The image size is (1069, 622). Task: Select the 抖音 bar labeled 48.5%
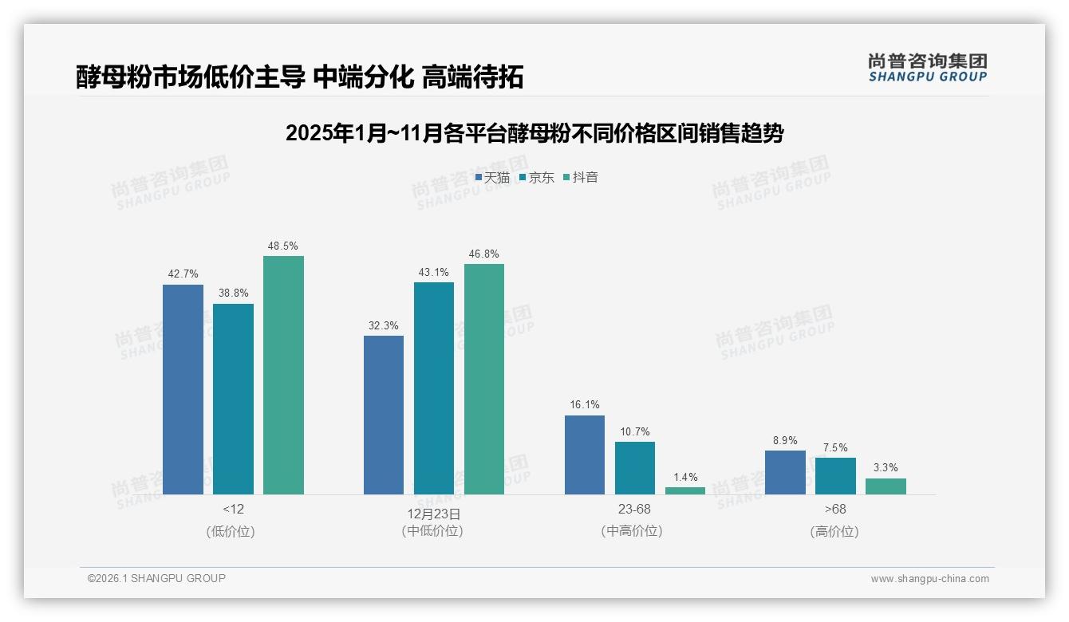click(283, 375)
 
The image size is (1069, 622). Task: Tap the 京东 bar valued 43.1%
click(433, 388)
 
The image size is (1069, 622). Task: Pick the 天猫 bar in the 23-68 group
click(584, 455)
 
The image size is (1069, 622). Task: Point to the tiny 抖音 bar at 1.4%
click(685, 490)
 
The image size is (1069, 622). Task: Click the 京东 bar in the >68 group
click(835, 476)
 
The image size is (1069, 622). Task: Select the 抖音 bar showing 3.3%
click(886, 486)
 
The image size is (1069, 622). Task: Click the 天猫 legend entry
click(492, 178)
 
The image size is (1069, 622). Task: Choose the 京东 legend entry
click(537, 178)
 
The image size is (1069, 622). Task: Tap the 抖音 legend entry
click(581, 178)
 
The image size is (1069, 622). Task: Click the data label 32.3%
click(384, 325)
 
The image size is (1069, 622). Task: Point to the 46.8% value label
click(484, 254)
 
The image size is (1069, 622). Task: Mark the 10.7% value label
click(635, 431)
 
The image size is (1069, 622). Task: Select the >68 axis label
click(834, 510)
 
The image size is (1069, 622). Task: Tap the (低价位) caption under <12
click(231, 531)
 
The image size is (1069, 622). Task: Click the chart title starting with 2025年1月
click(534, 133)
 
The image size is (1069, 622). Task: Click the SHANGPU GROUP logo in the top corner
click(928, 67)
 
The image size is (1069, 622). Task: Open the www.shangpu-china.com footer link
click(929, 579)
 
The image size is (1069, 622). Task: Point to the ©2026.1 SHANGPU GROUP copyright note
click(156, 578)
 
